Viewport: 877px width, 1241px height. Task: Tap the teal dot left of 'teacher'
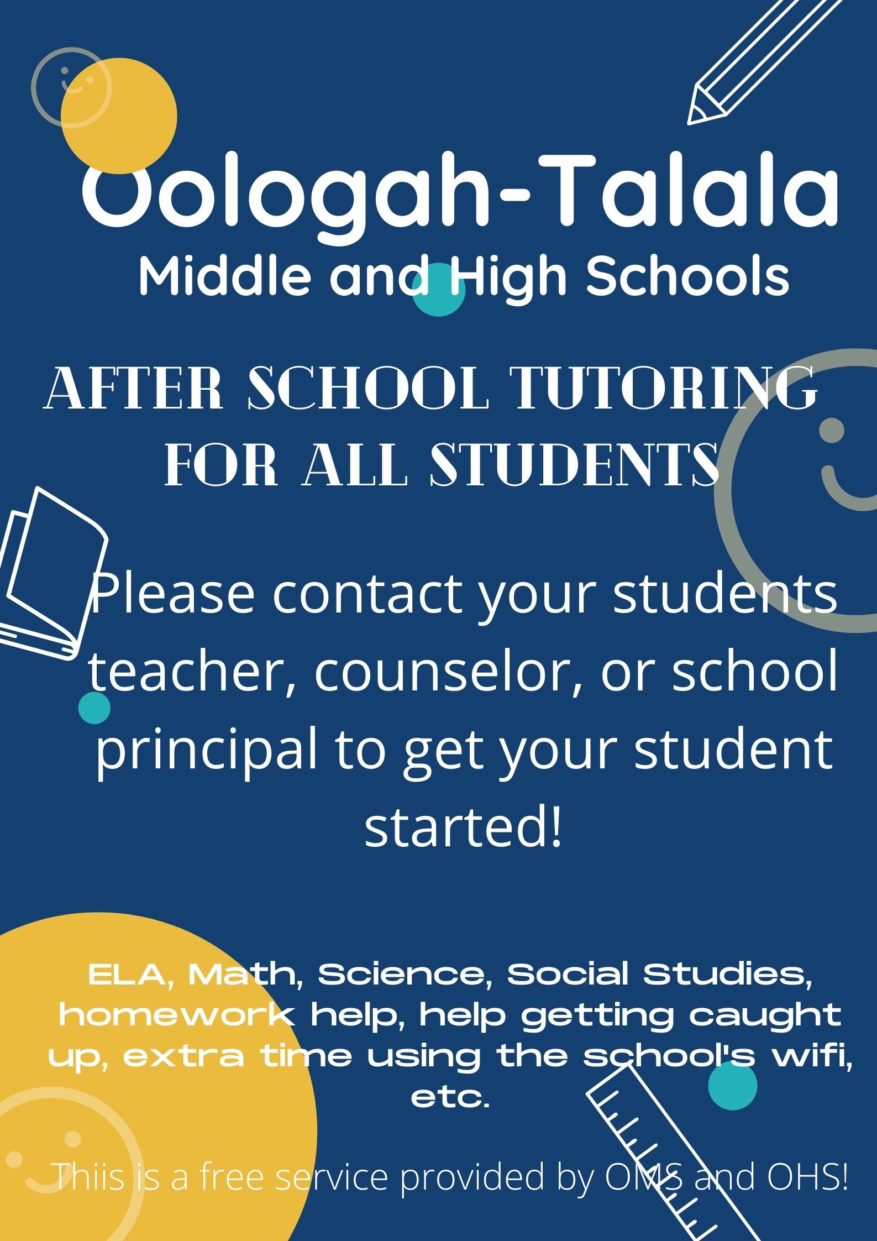[x=94, y=708]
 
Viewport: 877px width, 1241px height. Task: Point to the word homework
[x=177, y=1015]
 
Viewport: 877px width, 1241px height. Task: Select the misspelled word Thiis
[x=91, y=1177]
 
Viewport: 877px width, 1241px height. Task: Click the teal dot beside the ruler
[x=733, y=1086]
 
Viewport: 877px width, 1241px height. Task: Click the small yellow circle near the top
[x=119, y=116]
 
